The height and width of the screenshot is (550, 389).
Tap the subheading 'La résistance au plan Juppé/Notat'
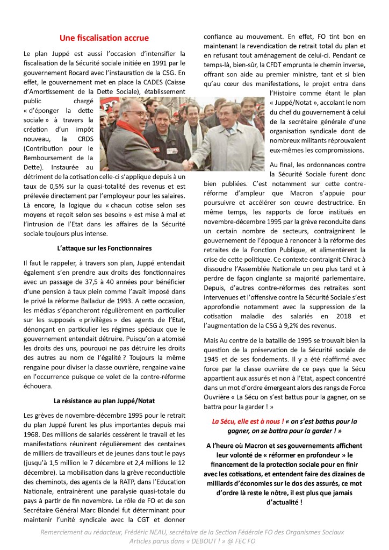click(104, 400)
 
